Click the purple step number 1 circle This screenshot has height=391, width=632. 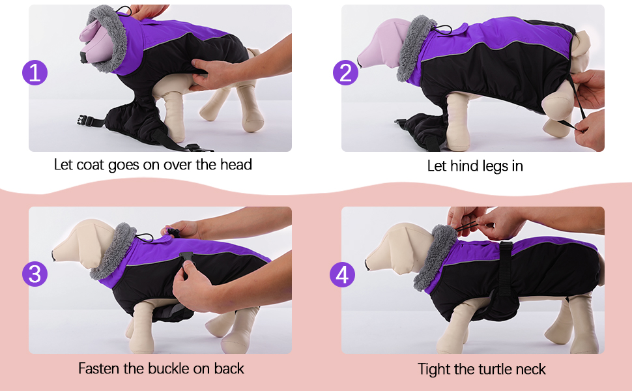[35, 72]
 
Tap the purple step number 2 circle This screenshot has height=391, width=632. [346, 72]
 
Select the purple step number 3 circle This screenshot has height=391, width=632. [35, 274]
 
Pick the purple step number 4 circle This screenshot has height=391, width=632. [341, 274]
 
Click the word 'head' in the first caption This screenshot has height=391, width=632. [235, 164]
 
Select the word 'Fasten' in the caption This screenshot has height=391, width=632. [100, 368]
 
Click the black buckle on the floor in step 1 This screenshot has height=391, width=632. [83, 120]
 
